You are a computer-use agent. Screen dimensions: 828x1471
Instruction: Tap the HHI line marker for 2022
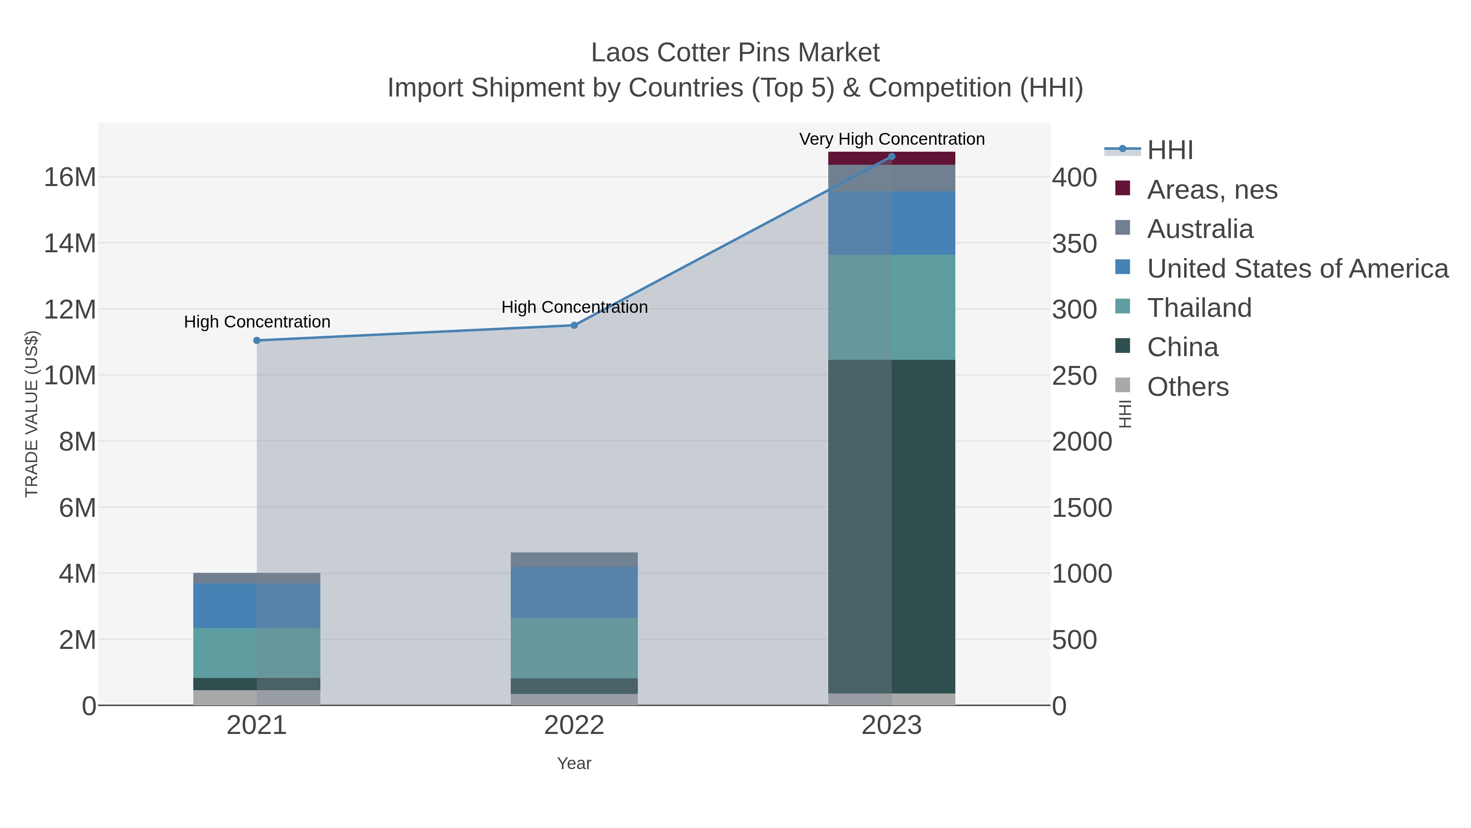[574, 325]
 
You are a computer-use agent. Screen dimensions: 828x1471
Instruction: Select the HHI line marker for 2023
[892, 157]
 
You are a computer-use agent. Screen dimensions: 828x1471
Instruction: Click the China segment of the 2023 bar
[892, 526]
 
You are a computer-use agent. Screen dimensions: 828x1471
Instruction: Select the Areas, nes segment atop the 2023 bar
[892, 158]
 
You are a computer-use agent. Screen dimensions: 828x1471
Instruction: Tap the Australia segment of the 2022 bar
[574, 559]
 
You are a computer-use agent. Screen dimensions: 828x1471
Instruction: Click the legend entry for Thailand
[1199, 308]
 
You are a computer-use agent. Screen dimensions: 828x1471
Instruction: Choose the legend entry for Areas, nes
[1212, 190]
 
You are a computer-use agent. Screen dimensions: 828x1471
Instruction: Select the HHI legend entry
[1169, 150]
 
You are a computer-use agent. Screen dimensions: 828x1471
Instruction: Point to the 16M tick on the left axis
[69, 177]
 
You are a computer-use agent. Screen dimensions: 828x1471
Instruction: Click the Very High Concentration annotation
[892, 139]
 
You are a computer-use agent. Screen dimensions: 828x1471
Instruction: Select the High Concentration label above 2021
[257, 322]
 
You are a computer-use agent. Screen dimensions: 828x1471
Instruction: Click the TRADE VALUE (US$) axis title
[31, 414]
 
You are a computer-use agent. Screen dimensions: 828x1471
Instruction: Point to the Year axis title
[574, 763]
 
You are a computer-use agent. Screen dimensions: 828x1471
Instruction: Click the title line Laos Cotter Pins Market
[735, 53]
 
